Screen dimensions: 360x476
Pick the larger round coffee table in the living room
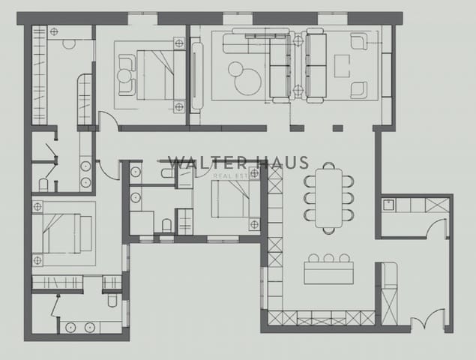[x=248, y=83]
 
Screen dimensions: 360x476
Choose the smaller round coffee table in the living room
[x=235, y=69]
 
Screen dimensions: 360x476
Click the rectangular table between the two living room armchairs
[x=342, y=66]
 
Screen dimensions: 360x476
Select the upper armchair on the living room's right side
[x=358, y=41]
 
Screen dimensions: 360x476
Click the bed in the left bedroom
[x=64, y=232]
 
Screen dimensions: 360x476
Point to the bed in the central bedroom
[x=228, y=199]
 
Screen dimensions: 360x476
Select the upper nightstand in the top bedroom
[x=179, y=43]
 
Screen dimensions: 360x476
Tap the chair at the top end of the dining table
[x=328, y=166]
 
